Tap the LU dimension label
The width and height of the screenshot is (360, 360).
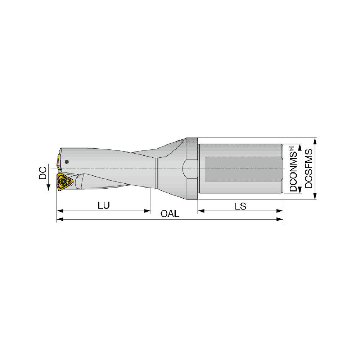click(x=104, y=205)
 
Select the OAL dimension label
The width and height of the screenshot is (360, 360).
click(x=170, y=214)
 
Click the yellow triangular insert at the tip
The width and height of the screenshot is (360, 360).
click(x=64, y=182)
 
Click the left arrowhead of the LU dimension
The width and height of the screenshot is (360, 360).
click(x=59, y=211)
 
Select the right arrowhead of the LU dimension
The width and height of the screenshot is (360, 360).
click(x=147, y=211)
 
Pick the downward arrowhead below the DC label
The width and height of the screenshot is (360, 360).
click(x=48, y=188)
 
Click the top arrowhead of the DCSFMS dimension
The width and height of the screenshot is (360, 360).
click(x=315, y=141)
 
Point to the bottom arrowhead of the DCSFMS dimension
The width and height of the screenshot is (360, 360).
click(x=315, y=196)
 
